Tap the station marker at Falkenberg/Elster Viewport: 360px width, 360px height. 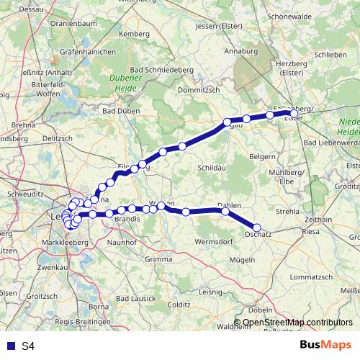[x=294, y=113]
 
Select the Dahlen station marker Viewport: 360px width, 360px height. [x=225, y=212]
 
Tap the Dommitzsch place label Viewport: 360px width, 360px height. [x=196, y=91]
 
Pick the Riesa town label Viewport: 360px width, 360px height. [x=310, y=232]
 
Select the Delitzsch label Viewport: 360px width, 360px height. [x=58, y=138]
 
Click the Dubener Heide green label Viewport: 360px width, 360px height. [x=127, y=84]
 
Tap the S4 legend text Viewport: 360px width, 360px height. [x=28, y=346]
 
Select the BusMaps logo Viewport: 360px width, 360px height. [x=325, y=345]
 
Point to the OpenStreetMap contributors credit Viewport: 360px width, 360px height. [x=297, y=322]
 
